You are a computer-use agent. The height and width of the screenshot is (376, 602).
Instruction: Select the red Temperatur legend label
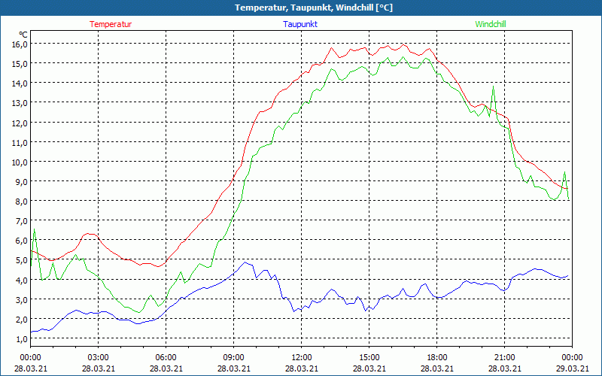111,24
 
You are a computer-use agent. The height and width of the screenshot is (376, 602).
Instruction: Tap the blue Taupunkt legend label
300,24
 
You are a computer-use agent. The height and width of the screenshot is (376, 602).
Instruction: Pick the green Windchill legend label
491,24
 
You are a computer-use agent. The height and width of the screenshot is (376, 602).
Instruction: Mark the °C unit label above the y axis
23,35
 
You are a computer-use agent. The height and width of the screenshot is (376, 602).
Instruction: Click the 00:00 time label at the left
31,356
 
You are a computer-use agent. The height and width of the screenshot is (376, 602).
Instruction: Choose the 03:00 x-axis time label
99,356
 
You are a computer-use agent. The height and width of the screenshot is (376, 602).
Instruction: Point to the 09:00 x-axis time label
234,356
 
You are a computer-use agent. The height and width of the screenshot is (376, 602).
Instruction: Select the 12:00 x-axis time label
302,356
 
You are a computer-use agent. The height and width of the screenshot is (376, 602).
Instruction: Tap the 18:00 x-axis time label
437,356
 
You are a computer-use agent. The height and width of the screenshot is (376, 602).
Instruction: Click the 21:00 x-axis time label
505,356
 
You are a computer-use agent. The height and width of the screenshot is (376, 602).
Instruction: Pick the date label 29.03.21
573,368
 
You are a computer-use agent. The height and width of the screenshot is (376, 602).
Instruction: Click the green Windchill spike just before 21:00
494,87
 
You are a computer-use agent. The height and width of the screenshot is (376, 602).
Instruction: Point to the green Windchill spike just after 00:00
34,229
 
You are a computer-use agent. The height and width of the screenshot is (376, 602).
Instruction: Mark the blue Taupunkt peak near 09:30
245,262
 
